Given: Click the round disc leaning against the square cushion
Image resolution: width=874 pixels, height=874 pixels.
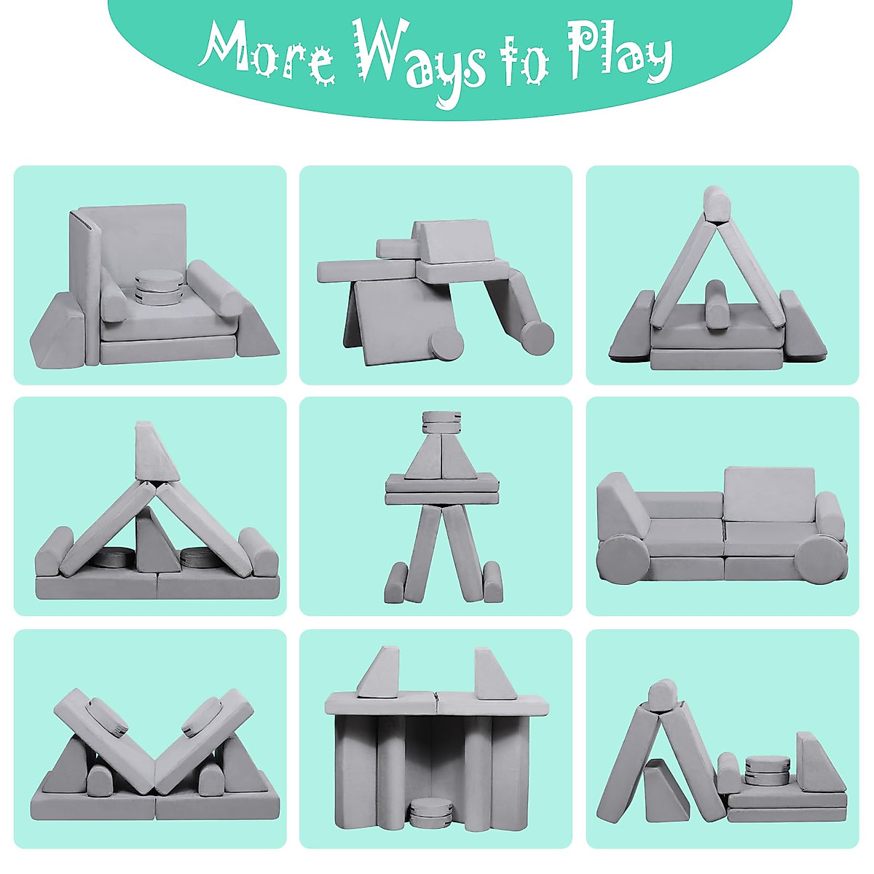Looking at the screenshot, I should click(x=446, y=342).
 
